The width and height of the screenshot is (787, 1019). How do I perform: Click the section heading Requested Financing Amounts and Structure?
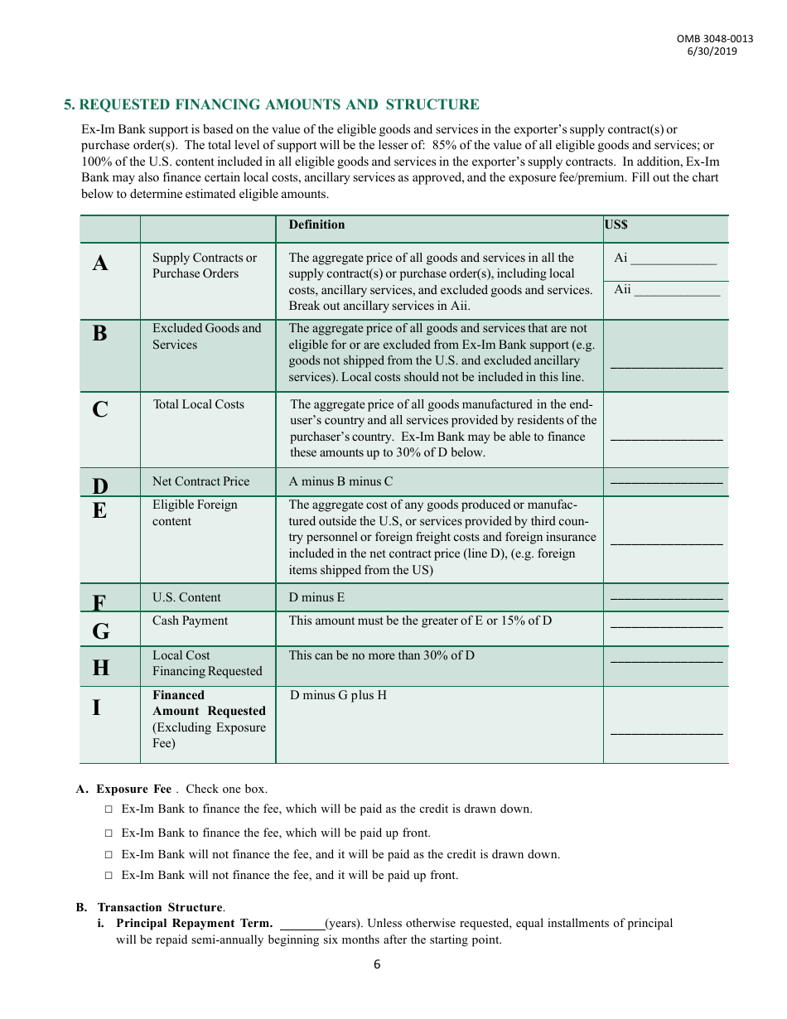[272, 104]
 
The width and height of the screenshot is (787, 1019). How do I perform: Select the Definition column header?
[316, 225]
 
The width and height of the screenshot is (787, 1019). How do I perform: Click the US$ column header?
[616, 225]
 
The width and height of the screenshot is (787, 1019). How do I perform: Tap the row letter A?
[100, 263]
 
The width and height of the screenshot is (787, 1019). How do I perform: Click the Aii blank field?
[677, 292]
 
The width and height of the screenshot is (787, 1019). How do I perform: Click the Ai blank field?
[674, 260]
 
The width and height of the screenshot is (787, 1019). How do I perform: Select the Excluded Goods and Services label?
[206, 336]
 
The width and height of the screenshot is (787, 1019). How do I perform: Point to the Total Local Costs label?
[199, 404]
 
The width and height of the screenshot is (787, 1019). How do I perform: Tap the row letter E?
[99, 511]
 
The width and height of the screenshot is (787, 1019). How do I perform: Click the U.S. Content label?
[186, 597]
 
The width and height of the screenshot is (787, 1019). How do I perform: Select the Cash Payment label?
[190, 621]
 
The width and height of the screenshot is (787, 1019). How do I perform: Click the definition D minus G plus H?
[338, 695]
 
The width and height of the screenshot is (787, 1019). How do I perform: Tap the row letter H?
[100, 667]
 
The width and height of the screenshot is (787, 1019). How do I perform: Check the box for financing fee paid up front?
[109, 833]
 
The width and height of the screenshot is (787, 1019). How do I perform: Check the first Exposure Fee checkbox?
[109, 809]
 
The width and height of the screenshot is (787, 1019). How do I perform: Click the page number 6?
[377, 964]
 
